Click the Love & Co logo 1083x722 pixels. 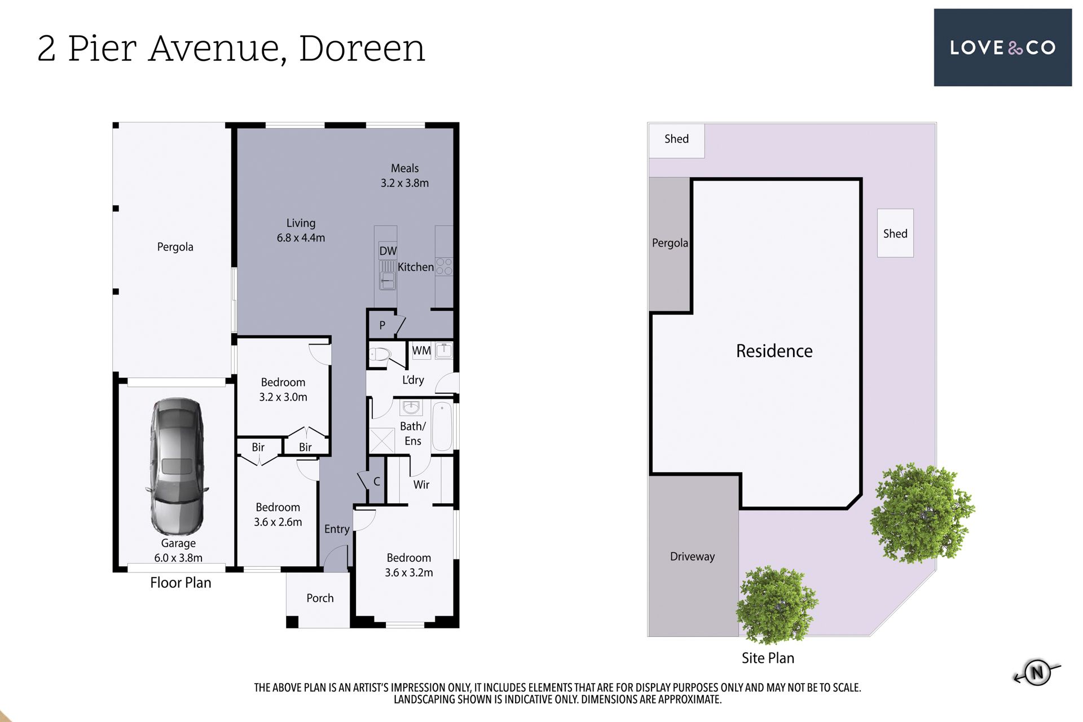point(1002,47)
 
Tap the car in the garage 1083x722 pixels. point(177,466)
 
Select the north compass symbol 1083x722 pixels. point(1037,672)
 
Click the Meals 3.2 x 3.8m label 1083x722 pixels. point(404,175)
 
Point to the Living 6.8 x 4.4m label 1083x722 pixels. point(301,230)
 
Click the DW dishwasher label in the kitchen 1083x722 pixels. point(388,251)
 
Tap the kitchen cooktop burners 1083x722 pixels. point(444,267)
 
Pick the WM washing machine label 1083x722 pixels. point(421,350)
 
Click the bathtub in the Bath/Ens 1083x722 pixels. point(442,426)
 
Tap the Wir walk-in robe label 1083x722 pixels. point(421,485)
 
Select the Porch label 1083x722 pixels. point(320,598)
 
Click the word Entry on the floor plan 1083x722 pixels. point(337,529)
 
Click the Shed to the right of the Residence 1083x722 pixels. point(895,234)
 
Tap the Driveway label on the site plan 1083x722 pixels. point(692,557)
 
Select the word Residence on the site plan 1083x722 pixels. point(774,351)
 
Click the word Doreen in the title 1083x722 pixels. point(362,49)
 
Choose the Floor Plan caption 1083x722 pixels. point(180,583)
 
